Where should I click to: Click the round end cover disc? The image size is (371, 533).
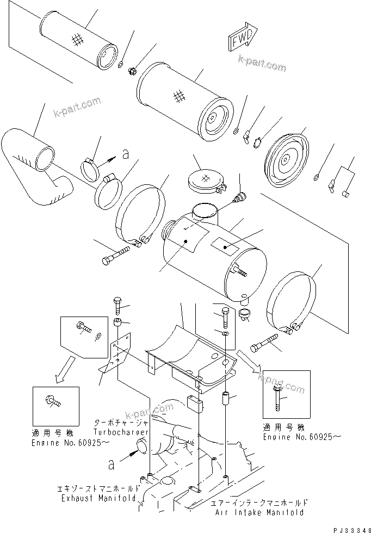coord(286,158)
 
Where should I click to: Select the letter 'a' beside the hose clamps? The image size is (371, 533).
coord(126,155)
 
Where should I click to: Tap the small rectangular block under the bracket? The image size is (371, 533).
coord(195,405)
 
